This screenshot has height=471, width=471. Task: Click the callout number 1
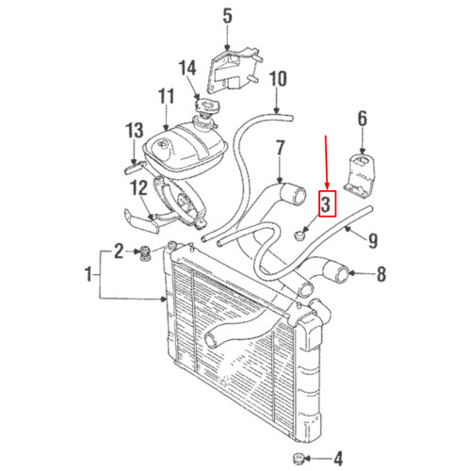90,276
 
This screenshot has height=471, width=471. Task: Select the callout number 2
120,250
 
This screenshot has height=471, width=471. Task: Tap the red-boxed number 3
326,203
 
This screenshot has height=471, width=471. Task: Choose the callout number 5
226,16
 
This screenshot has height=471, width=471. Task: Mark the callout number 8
381,276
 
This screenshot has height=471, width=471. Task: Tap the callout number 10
278,79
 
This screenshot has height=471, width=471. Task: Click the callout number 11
167,96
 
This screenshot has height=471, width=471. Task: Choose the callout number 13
134,129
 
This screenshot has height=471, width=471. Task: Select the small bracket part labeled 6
360,174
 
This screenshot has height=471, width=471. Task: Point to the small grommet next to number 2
147,252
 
